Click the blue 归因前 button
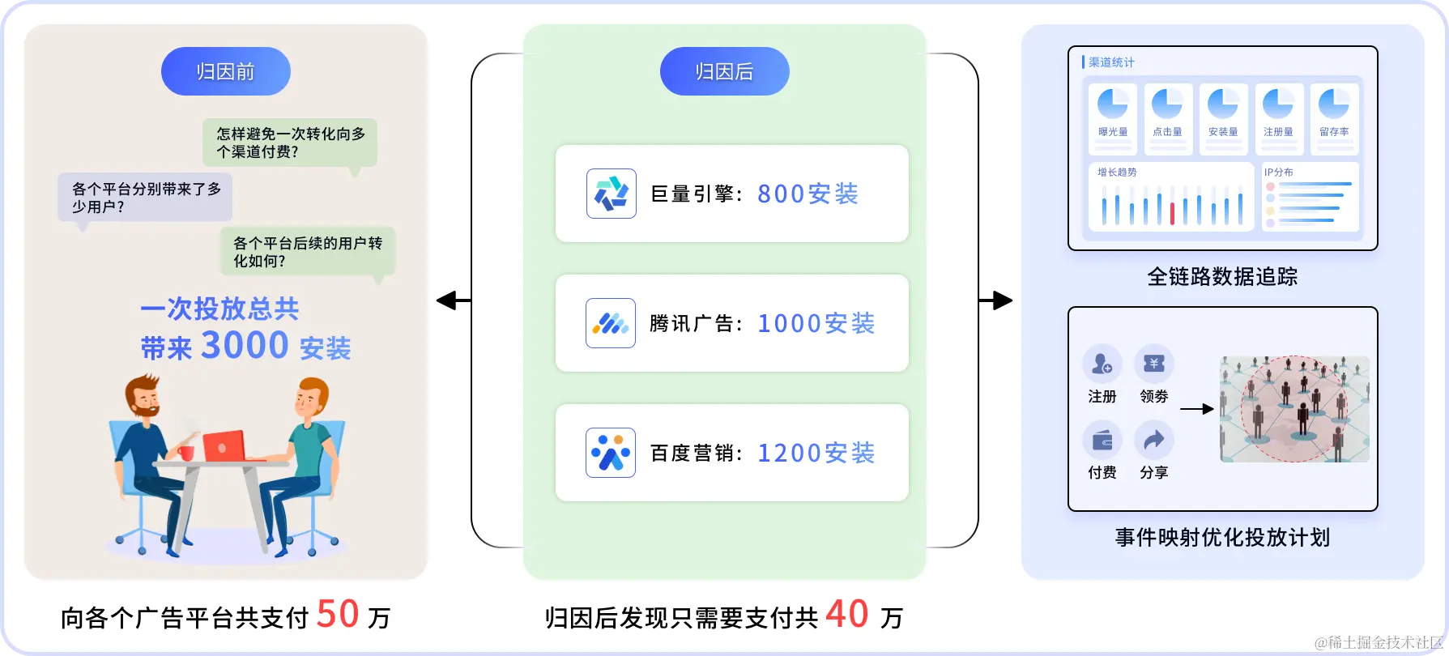225,71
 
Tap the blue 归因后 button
724,71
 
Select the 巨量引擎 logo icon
611,194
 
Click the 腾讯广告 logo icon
611,323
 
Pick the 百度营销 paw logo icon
611,453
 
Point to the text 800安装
808,194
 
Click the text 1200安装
816,454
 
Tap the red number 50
338,614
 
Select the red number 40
847,614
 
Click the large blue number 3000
245,346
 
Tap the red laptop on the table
224,446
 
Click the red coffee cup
187,452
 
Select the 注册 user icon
1102,364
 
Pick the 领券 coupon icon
1153,364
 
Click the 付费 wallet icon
1102,441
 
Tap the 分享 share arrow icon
1153,441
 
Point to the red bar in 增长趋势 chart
1172,213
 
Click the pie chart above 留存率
1333,104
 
